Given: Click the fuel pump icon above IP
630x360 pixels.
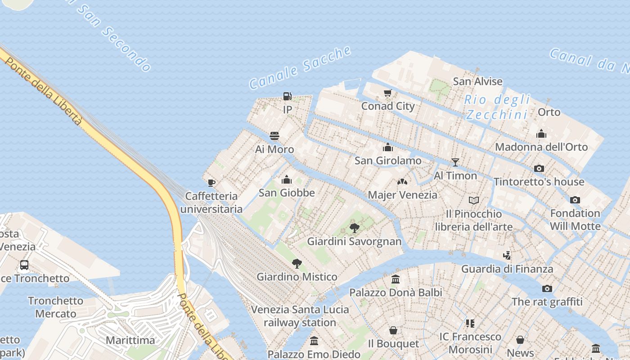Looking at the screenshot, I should [287, 96].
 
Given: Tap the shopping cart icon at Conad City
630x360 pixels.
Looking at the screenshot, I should [387, 93].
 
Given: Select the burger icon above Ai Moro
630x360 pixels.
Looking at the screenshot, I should [274, 135].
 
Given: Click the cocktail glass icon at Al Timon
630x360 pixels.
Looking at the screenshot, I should [455, 162].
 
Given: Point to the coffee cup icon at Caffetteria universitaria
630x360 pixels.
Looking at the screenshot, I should [211, 183].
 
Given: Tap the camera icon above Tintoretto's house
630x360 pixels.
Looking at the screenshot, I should [539, 169].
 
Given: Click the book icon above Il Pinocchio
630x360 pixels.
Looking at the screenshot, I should [473, 200].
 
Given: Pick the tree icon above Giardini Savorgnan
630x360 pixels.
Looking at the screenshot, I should [354, 228].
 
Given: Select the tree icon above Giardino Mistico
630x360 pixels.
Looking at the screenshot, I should [297, 263].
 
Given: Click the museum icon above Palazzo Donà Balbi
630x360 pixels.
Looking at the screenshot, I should [396, 279].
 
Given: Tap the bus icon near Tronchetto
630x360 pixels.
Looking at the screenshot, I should [24, 265].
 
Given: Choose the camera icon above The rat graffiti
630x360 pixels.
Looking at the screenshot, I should [547, 288].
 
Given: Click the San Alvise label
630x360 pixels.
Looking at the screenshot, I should [477, 81].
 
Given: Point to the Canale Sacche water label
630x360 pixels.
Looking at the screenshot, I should [300, 67].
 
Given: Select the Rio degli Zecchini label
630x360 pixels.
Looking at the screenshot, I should [497, 107].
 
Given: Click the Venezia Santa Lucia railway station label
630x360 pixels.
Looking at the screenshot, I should [300, 316].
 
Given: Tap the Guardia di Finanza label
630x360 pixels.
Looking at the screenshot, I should [507, 269].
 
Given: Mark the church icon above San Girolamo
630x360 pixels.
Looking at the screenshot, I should [388, 148].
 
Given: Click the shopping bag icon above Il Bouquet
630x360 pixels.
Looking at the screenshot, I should [393, 331].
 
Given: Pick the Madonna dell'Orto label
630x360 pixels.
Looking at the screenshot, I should [541, 147].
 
